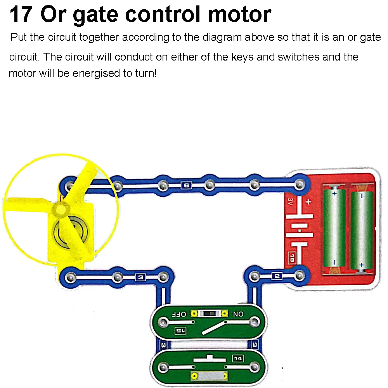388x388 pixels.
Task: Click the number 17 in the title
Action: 21,14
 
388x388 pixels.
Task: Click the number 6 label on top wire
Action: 186,185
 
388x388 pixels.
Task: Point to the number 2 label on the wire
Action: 276,276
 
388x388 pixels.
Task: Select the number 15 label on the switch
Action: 180,331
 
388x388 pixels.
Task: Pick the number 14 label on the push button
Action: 237,358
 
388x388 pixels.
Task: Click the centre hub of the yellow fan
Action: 60,210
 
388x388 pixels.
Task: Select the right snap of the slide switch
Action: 254,322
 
